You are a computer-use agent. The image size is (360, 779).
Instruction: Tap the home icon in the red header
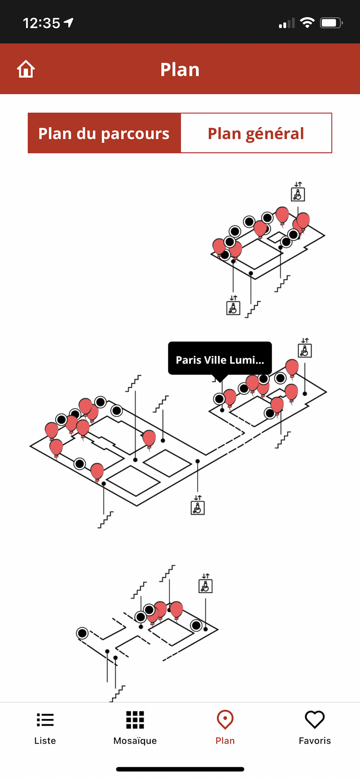pos(26,69)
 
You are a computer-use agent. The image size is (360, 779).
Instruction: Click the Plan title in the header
pos(180,70)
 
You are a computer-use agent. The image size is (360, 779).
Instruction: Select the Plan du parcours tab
pos(104,133)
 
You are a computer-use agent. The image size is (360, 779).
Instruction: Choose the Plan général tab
pos(256,133)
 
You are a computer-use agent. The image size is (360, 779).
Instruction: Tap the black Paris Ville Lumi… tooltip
pos(220,359)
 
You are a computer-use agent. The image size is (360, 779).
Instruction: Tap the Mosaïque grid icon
pos(135,720)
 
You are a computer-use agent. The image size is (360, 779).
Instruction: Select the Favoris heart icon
pos(314,720)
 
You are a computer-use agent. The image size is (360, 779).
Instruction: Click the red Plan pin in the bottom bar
pos(225,720)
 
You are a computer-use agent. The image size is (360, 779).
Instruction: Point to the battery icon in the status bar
pos(331,23)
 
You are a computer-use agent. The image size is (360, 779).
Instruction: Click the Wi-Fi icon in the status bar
pos(307,23)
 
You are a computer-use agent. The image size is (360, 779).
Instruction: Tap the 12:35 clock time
pos(41,23)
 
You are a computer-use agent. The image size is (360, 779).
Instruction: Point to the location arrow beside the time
pos(69,23)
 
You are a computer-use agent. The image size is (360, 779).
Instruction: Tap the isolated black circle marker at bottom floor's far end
pos(82,633)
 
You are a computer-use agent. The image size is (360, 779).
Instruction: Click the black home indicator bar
pos(180,769)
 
